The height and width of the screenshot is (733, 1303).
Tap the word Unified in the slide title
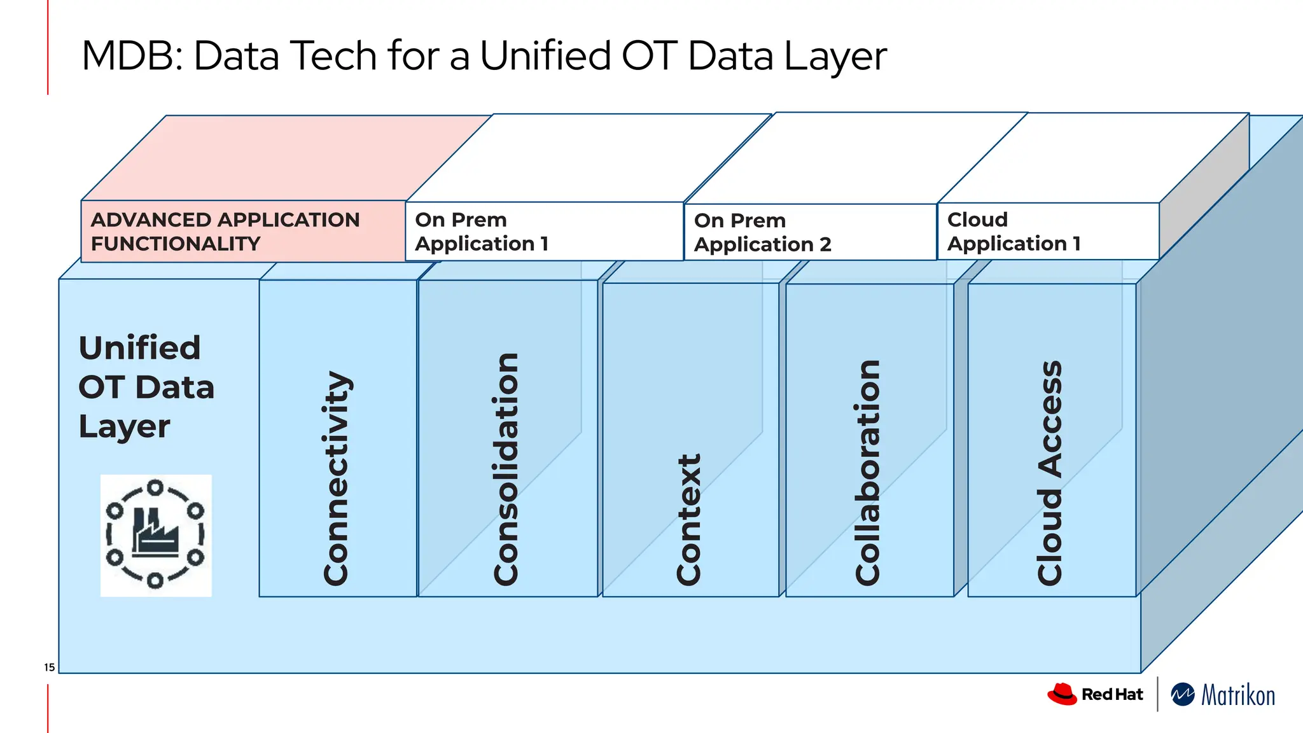pyautogui.click(x=544, y=56)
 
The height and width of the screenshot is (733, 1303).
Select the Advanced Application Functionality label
pyautogui.click(x=226, y=232)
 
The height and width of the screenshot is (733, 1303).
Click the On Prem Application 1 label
pyautogui.click(x=482, y=232)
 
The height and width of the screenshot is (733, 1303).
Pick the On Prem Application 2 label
pyautogui.click(x=762, y=232)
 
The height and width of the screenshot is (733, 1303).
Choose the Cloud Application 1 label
pyautogui.click(x=1014, y=232)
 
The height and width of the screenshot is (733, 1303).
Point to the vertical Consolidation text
pyautogui.click(x=506, y=469)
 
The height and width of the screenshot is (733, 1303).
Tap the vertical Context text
pyautogui.click(x=689, y=519)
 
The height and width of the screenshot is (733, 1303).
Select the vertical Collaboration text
pyautogui.click(x=868, y=472)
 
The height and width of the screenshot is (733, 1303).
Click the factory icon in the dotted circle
pyautogui.click(x=155, y=535)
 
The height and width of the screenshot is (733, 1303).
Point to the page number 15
pyautogui.click(x=49, y=667)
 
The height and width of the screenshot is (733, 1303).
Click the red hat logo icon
pyautogui.click(x=1062, y=694)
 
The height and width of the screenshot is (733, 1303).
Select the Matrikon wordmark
pyautogui.click(x=1237, y=695)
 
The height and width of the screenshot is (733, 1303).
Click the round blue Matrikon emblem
pyautogui.click(x=1182, y=695)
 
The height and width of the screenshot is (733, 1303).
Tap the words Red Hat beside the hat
pyautogui.click(x=1111, y=694)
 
